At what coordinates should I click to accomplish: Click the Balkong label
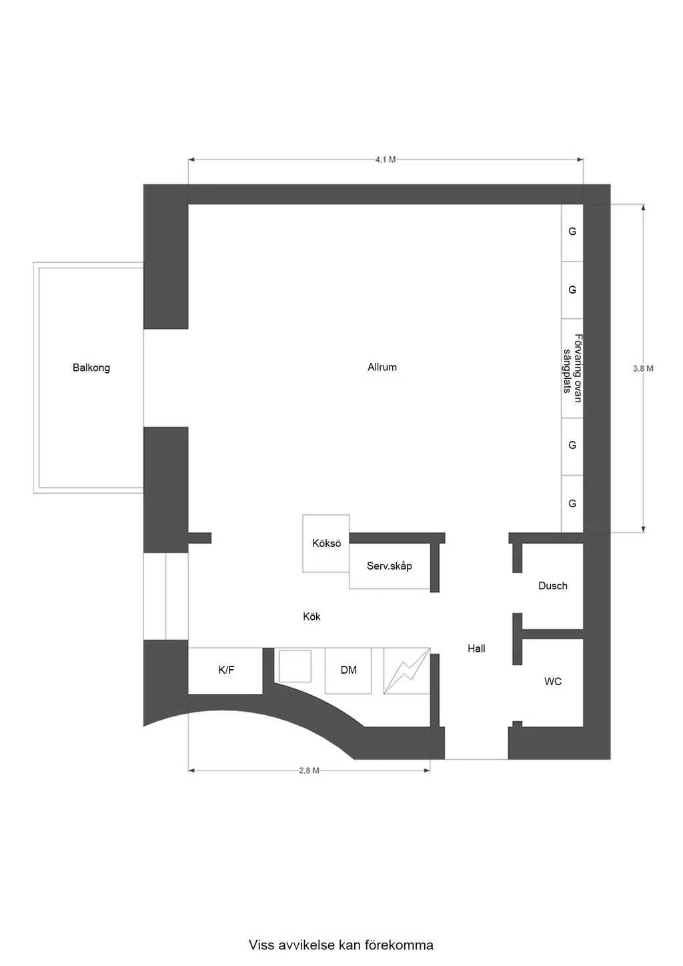click(x=91, y=368)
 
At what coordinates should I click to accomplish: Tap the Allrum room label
click(x=382, y=367)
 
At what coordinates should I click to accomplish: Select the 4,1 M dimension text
click(x=386, y=159)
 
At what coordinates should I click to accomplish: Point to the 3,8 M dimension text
click(x=643, y=368)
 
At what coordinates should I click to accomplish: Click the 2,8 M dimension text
click(x=309, y=771)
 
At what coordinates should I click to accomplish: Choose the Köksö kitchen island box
click(x=326, y=543)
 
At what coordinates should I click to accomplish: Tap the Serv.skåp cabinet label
click(x=390, y=566)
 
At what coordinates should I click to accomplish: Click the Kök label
click(x=311, y=616)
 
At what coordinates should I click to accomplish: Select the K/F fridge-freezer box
click(x=225, y=670)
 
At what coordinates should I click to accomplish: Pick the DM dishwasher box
click(x=348, y=670)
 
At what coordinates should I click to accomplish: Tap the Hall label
click(x=476, y=648)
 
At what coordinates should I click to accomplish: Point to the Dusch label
click(x=553, y=586)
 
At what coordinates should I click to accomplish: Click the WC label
click(x=553, y=681)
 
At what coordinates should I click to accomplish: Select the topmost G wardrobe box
click(x=572, y=232)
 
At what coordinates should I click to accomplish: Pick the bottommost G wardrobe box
click(x=572, y=504)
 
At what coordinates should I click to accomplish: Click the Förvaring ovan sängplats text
click(x=573, y=368)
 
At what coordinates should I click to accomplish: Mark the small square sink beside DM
click(x=295, y=666)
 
